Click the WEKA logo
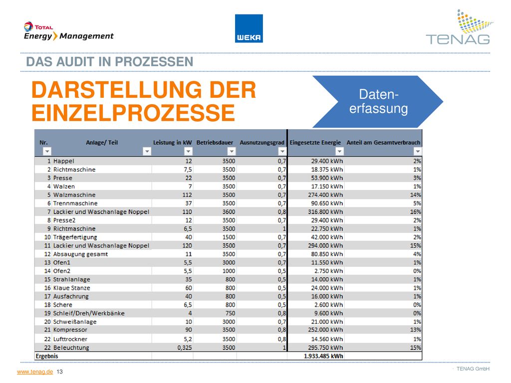click(249, 28)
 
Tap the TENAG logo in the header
click(459, 27)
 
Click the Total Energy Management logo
click(69, 31)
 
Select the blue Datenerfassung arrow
click(378, 102)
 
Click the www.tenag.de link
click(35, 372)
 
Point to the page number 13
click(60, 372)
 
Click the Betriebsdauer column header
click(215, 143)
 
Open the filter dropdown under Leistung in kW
click(188, 152)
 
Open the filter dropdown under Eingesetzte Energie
click(339, 152)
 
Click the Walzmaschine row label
click(74, 195)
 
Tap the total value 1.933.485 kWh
click(323, 356)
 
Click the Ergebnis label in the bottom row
click(47, 356)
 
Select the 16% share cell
click(416, 211)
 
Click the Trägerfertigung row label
click(75, 237)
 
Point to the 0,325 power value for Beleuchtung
click(185, 348)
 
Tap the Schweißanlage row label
click(75, 322)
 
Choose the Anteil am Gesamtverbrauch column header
click(383, 143)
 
